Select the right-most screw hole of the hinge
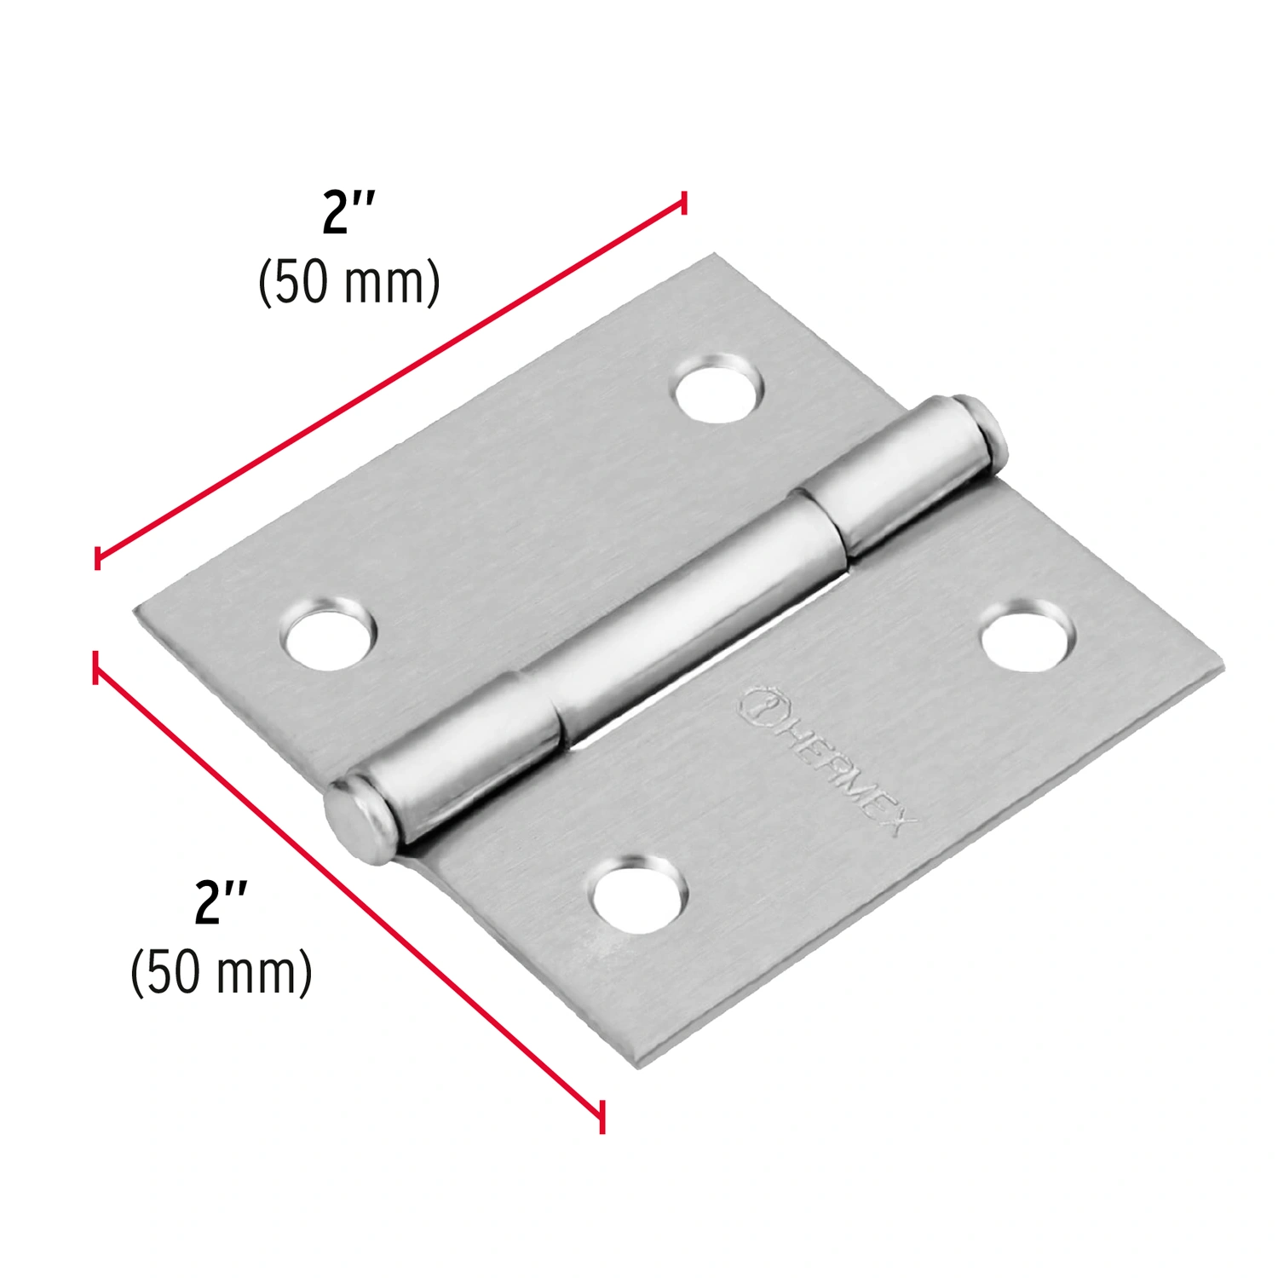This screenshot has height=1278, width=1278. (x=1028, y=636)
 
